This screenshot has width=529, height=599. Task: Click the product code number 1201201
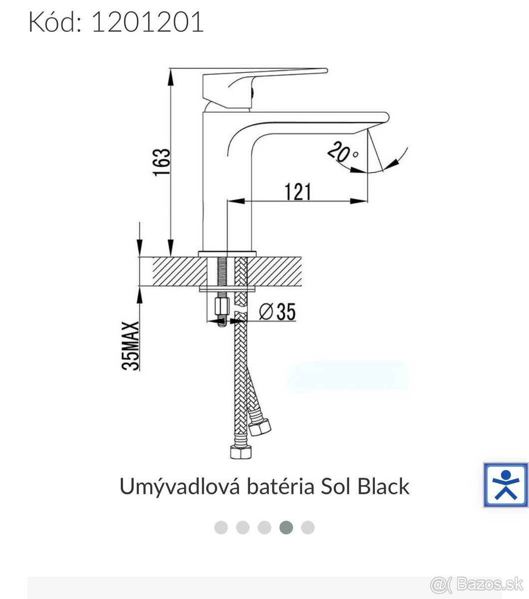pyautogui.click(x=148, y=21)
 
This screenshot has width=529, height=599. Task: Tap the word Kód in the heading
pyautogui.click(x=55, y=21)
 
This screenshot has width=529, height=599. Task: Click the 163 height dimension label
pyautogui.click(x=162, y=162)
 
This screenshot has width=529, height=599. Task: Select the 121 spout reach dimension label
pyautogui.click(x=298, y=192)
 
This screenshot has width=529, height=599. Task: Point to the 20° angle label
pyautogui.click(x=343, y=152)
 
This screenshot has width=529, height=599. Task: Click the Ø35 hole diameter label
pyautogui.click(x=277, y=311)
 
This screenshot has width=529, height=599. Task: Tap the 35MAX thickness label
pyautogui.click(x=130, y=345)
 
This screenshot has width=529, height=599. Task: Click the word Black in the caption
pyautogui.click(x=383, y=486)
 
